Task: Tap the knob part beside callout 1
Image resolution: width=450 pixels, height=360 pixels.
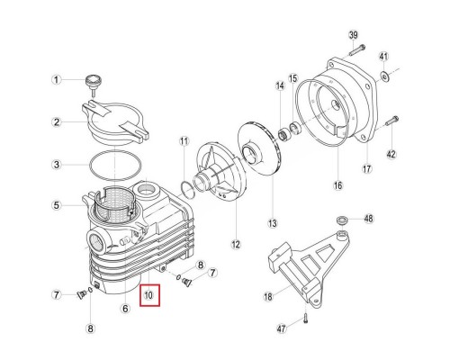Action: tap(90, 83)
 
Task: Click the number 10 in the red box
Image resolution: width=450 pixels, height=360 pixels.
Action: tap(149, 294)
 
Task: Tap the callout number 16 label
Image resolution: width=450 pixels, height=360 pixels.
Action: tap(338, 186)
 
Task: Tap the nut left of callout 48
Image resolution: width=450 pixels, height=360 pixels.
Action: tap(343, 220)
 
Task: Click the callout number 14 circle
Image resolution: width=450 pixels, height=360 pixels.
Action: tap(280, 85)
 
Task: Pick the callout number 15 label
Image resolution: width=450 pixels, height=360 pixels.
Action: tap(292, 79)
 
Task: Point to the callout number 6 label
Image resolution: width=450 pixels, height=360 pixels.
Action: tap(125, 307)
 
